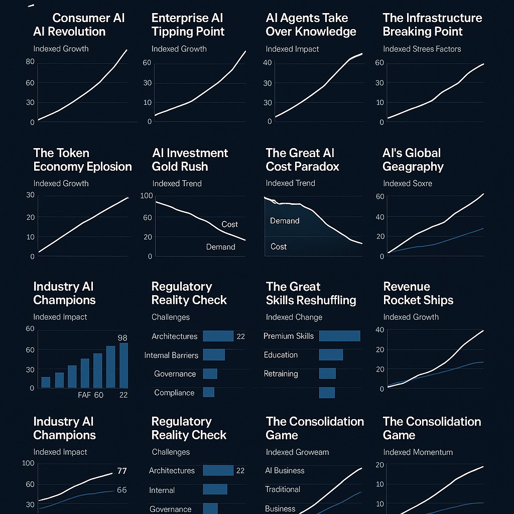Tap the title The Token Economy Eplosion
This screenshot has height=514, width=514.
click(x=82, y=160)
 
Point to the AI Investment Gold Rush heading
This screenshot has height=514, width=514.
click(x=190, y=160)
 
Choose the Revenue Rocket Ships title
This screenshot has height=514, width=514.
click(x=418, y=293)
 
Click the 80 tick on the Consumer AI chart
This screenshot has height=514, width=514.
click(x=28, y=62)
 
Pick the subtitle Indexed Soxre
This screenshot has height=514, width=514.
click(x=407, y=183)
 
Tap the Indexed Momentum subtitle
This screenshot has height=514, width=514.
click(x=418, y=452)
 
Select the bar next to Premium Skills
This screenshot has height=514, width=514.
click(x=339, y=336)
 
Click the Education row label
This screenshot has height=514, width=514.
click(x=281, y=355)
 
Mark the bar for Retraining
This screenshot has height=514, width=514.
click(x=327, y=373)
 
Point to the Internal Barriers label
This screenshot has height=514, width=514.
click(x=171, y=355)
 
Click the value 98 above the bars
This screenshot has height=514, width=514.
click(x=122, y=337)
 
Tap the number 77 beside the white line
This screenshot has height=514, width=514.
click(x=121, y=471)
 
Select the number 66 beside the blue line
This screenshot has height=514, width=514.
click(x=121, y=490)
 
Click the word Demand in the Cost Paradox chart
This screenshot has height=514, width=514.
click(x=285, y=220)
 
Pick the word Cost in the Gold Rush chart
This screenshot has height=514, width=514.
click(x=229, y=224)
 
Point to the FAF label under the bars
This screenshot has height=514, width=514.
click(x=84, y=395)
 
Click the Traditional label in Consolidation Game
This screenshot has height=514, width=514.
click(x=283, y=489)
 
